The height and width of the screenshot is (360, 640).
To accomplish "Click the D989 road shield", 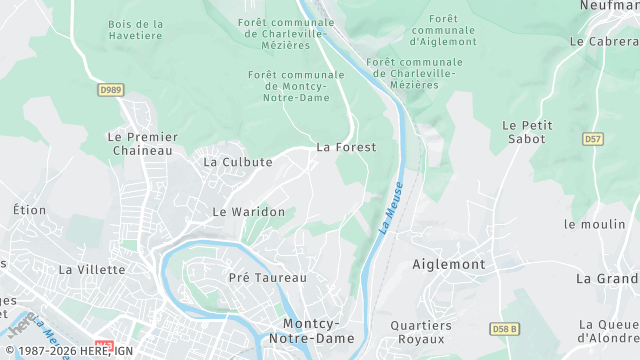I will click(111, 90).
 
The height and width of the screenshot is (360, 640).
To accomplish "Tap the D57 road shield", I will click(594, 139).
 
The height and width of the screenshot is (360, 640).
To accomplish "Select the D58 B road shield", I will click(505, 328).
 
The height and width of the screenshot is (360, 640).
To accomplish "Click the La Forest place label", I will click(346, 147).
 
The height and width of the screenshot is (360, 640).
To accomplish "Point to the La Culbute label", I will click(238, 161).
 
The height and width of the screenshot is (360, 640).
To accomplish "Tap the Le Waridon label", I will click(249, 212).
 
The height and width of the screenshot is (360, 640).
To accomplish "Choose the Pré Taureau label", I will click(268, 277).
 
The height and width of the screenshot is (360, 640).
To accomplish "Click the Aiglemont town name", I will click(449, 265).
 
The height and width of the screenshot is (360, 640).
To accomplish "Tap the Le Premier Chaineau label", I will click(142, 143).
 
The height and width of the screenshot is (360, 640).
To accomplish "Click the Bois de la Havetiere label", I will click(136, 31).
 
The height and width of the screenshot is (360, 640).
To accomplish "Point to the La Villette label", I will click(92, 269).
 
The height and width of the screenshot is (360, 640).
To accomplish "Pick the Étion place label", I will click(29, 210).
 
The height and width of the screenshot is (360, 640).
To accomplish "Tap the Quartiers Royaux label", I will click(421, 332).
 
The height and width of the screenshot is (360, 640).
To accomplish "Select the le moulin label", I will click(593, 224).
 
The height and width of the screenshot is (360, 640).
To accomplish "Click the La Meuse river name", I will click(392, 207).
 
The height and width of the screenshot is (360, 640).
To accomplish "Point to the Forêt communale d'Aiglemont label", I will click(442, 31).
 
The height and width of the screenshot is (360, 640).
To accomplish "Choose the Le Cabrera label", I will click(604, 42).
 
